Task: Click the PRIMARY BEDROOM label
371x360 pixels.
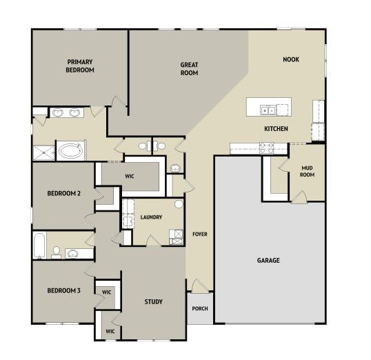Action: (x=80, y=66)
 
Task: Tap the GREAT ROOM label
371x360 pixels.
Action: (x=189, y=69)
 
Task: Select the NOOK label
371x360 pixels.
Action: (x=291, y=59)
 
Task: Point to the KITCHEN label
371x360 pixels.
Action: (x=276, y=129)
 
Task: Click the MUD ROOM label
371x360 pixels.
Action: (x=307, y=171)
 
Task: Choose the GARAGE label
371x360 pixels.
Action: (x=268, y=261)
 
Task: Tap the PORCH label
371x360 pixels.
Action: (x=200, y=309)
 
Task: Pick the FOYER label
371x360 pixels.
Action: (x=200, y=234)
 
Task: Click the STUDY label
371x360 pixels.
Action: (x=154, y=302)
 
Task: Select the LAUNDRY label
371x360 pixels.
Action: (x=151, y=217)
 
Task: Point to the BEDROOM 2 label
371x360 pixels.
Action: (x=64, y=193)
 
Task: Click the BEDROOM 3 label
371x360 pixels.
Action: (x=64, y=290)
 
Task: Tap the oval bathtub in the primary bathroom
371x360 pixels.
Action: (x=70, y=150)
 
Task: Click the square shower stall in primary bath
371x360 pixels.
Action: (x=43, y=153)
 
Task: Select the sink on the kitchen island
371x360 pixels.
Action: (x=268, y=110)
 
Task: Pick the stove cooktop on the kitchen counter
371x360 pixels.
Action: (x=266, y=148)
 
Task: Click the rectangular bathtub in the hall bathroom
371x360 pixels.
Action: (x=39, y=246)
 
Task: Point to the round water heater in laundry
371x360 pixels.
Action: (x=179, y=204)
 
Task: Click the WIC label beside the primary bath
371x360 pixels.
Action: (x=130, y=176)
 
